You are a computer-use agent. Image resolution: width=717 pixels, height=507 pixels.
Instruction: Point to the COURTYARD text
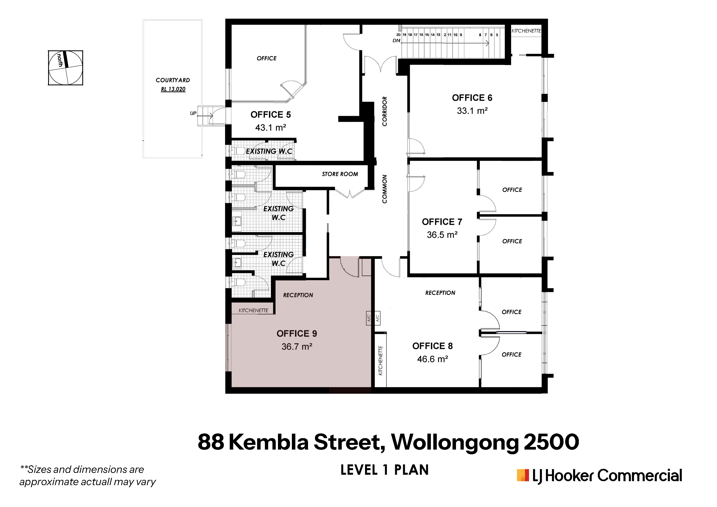173,80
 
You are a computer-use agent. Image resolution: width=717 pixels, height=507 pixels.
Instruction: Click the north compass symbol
66,68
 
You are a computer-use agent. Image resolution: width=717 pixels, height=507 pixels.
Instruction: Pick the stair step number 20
399,35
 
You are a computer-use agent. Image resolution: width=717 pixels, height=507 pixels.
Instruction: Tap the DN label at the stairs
396,41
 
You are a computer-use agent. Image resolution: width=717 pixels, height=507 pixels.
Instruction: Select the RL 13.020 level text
173,89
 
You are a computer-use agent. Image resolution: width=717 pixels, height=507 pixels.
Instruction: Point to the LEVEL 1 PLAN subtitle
384,470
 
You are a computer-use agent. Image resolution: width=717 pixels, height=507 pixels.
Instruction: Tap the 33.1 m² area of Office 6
472,111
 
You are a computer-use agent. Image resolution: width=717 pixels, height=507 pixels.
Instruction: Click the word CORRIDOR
385,111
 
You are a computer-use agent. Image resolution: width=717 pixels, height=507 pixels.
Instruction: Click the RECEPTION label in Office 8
440,293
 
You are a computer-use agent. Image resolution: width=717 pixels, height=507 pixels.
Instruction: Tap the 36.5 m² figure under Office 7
442,235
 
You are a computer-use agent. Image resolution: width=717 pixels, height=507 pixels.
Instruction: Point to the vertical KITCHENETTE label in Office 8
380,361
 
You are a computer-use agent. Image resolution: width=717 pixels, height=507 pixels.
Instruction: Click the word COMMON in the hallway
385,189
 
